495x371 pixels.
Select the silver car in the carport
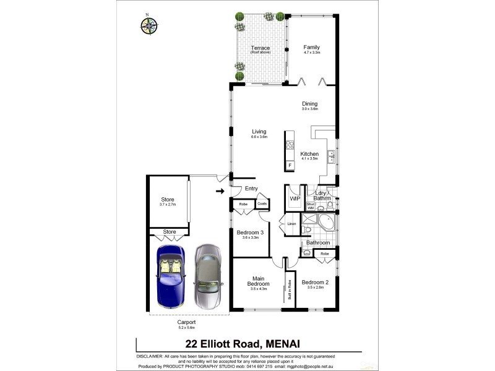coord(208,276)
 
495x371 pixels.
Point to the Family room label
coord(311,48)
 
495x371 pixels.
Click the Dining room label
coord(309,104)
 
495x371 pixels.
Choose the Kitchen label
coord(309,154)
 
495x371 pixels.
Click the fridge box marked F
coord(290,165)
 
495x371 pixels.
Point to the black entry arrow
coord(220,191)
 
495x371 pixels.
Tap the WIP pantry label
coord(295,198)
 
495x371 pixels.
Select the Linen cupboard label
coord(291,223)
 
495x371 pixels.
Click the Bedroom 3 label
coord(250,232)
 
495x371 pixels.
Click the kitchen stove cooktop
coord(290,147)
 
